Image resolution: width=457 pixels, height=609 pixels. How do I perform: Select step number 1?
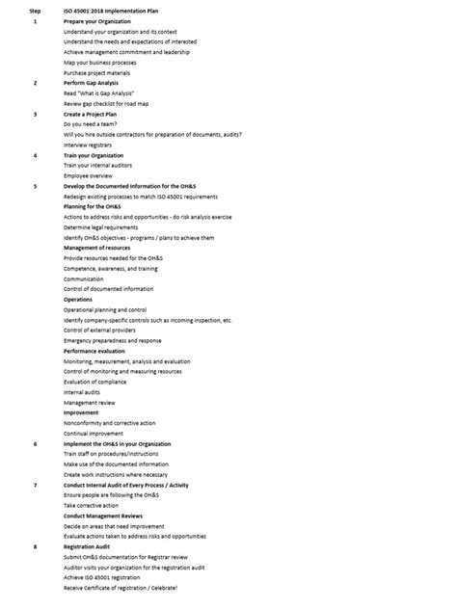pos(36,21)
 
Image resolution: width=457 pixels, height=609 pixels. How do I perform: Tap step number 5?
pos(36,186)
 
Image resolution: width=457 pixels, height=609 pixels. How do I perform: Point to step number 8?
pos(36,546)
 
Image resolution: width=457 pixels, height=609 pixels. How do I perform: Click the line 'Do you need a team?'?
pos(93,124)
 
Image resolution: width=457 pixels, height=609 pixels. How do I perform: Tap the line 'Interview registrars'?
pos(91,145)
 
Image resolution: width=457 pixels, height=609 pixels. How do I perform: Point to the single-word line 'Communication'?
pos(84,278)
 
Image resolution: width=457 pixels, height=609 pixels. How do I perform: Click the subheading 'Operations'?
pos(80,300)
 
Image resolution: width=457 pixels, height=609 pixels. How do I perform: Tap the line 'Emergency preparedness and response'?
pos(112,340)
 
